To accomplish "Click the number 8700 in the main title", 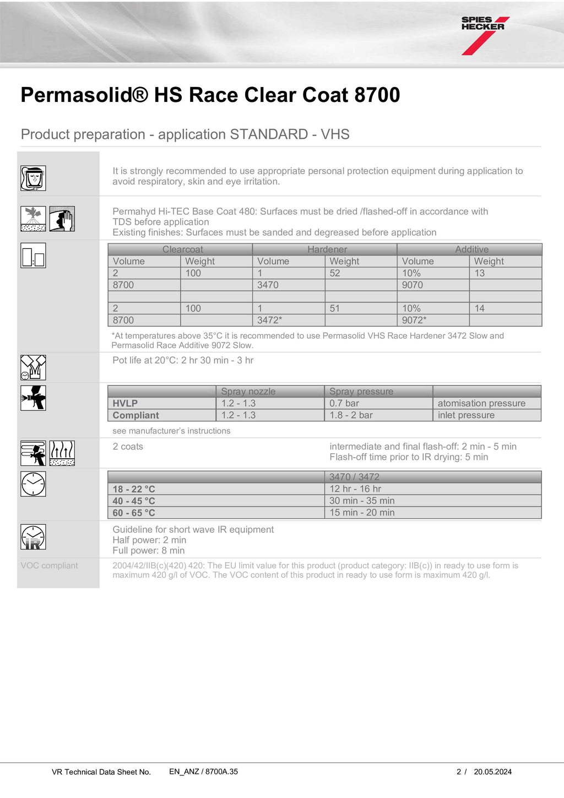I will [x=377, y=95].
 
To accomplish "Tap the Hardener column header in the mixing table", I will [x=327, y=249].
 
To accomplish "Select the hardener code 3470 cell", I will [x=268, y=285].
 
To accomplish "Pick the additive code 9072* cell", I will [x=414, y=320].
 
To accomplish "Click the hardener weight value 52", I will [x=335, y=273].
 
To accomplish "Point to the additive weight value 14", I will [x=480, y=308].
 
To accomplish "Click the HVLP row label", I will [x=126, y=403].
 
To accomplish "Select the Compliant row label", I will [x=136, y=415].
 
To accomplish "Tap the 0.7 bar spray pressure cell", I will [x=344, y=403].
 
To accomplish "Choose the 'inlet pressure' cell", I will [x=466, y=415].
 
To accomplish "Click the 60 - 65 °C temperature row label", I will [x=134, y=513].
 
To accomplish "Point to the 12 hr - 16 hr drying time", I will [x=355, y=488].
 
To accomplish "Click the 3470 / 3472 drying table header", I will [x=354, y=477].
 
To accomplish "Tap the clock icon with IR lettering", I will [x=33, y=537].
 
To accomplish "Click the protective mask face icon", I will [x=33, y=178].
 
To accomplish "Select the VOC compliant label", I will [x=49, y=566].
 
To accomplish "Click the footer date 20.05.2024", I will [x=492, y=772].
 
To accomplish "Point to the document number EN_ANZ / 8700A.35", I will [x=203, y=772].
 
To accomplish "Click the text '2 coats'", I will [x=128, y=447].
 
